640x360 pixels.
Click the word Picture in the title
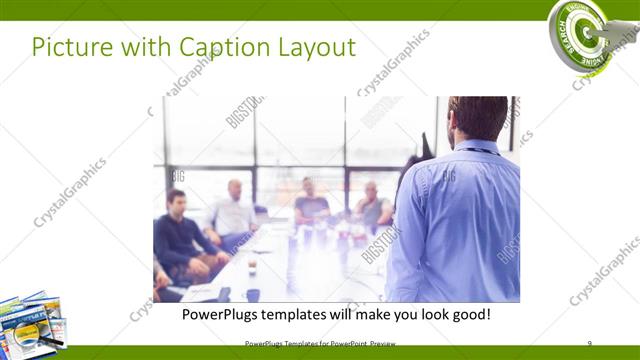coord(68,47)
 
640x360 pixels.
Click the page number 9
coord(589,343)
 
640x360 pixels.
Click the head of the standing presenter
coord(477,119)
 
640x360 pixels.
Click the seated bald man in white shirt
coord(233,213)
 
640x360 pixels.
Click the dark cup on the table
coord(252,295)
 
